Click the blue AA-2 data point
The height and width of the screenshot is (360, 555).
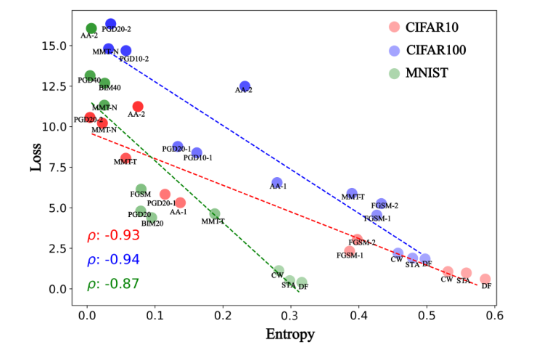[x=244, y=87]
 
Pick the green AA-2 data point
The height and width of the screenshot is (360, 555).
[x=91, y=29]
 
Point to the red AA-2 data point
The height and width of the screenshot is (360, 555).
[x=138, y=107]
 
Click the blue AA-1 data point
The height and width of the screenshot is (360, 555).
[x=277, y=183]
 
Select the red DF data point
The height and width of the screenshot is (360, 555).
[x=485, y=279]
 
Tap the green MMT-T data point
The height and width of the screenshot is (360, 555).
[x=215, y=214]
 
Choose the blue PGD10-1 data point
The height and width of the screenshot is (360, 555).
[x=197, y=152]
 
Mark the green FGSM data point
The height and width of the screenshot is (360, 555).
[x=141, y=189]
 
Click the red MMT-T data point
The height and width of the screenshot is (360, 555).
[x=126, y=158]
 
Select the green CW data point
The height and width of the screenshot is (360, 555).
[x=279, y=271]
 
